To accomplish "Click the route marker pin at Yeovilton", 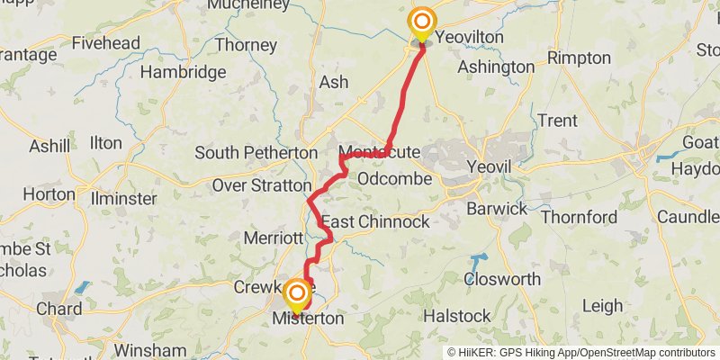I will pyautogui.click(x=420, y=22).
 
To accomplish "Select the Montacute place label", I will pyautogui.click(x=379, y=152).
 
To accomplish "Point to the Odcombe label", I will pyautogui.click(x=394, y=179).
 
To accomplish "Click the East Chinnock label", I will pyautogui.click(x=375, y=221).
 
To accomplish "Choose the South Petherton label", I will pyautogui.click(x=256, y=153).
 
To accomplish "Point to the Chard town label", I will pyautogui.click(x=58, y=309).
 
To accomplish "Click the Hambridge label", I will pyautogui.click(x=183, y=72).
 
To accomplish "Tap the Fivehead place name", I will pyautogui.click(x=105, y=43).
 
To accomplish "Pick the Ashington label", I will pyautogui.click(x=496, y=67).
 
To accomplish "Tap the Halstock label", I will pyautogui.click(x=457, y=316).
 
